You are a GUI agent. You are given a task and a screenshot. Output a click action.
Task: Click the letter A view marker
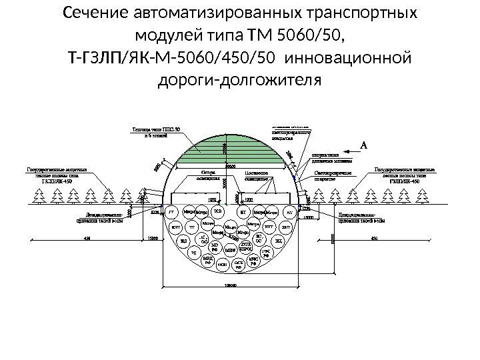tap(364, 143)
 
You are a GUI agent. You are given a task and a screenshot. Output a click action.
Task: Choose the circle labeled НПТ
tap(269, 227)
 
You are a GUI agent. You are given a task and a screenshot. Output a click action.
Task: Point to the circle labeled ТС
tap(194, 253)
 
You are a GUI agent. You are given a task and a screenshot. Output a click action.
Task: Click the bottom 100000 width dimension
tap(230, 285)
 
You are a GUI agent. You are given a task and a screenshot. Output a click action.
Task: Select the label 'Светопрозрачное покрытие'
tap(333, 174)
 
